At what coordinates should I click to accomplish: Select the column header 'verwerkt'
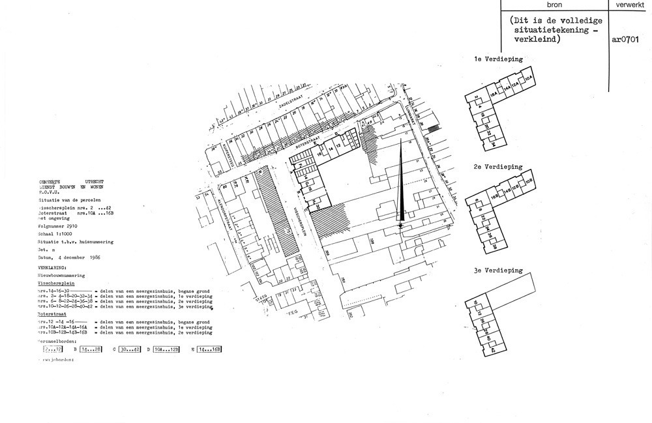pyautogui.click(x=629, y=4)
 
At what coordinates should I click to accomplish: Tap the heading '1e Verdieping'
pyautogui.click(x=498, y=59)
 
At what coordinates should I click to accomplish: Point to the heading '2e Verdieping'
pyautogui.click(x=499, y=167)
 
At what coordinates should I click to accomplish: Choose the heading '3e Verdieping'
pyautogui.click(x=499, y=270)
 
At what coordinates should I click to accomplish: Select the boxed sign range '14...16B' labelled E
pyautogui.click(x=209, y=349)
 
